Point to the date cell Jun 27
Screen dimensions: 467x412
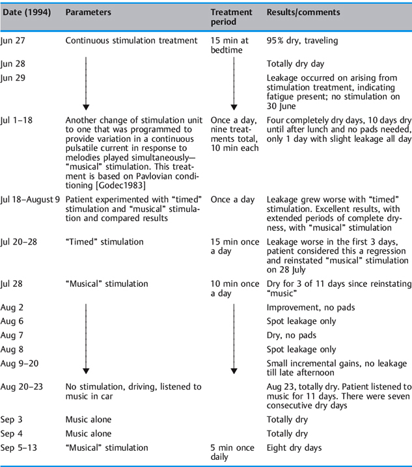[x=12, y=40]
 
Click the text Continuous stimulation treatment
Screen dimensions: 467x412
[x=131, y=40]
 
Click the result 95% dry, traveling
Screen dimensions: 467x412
[x=302, y=40]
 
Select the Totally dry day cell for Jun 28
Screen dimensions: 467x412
[x=296, y=64]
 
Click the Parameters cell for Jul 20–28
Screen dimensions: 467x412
[x=104, y=242]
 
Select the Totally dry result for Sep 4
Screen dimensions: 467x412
[x=287, y=433]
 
